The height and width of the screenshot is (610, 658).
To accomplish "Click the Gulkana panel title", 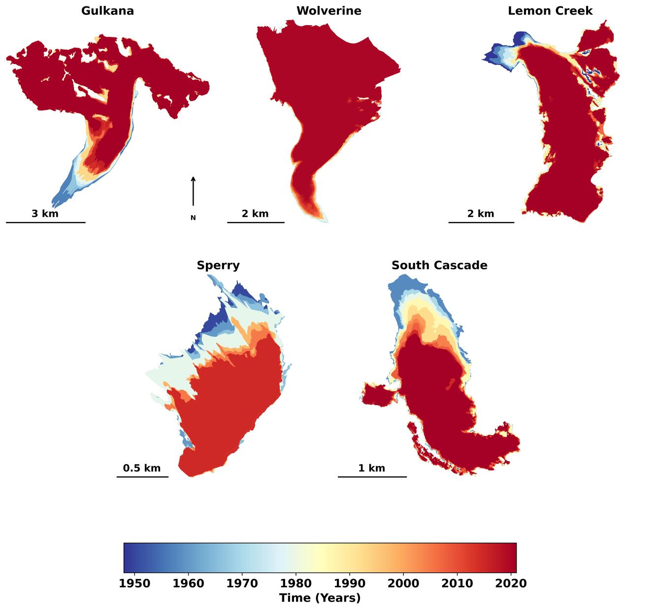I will coord(107,11).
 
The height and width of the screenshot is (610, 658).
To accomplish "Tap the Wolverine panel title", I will coord(329,11).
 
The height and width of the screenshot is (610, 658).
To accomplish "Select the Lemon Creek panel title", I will coord(550,11).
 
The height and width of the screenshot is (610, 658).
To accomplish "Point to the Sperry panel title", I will coord(218,265).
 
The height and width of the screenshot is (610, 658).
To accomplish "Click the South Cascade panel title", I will coord(439,265).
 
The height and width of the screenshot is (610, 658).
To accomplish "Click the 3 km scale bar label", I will coord(45,214).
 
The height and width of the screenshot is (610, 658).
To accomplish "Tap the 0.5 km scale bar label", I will coord(142,468).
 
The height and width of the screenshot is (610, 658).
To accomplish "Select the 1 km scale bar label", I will coord(371,468).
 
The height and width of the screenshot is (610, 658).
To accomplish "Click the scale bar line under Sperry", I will coord(142,477).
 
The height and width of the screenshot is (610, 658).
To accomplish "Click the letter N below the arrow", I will coord(193,218).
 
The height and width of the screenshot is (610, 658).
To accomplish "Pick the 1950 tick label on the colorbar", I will coord(134,583).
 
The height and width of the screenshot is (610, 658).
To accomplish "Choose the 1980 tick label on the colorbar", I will coord(296,583).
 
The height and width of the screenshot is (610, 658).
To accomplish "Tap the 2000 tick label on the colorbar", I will coord(403,583).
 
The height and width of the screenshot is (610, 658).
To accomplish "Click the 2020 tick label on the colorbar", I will coord(511,583).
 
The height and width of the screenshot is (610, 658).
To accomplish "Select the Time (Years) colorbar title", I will coord(320,598).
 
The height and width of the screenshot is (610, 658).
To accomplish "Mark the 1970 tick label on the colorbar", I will coord(242,583).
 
